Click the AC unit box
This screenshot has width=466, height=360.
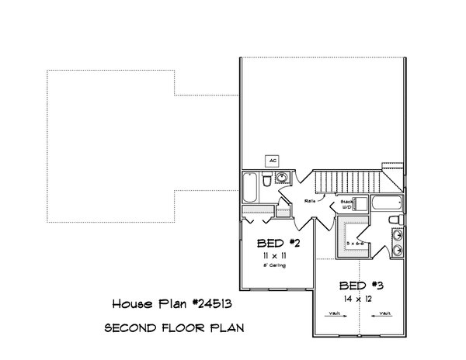point(272,161)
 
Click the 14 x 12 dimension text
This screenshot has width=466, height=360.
point(359,297)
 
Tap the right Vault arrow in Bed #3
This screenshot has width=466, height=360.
point(382,314)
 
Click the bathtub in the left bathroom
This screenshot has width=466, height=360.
point(251,185)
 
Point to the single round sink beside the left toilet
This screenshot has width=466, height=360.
point(282,178)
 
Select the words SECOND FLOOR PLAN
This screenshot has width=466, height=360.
point(176,328)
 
